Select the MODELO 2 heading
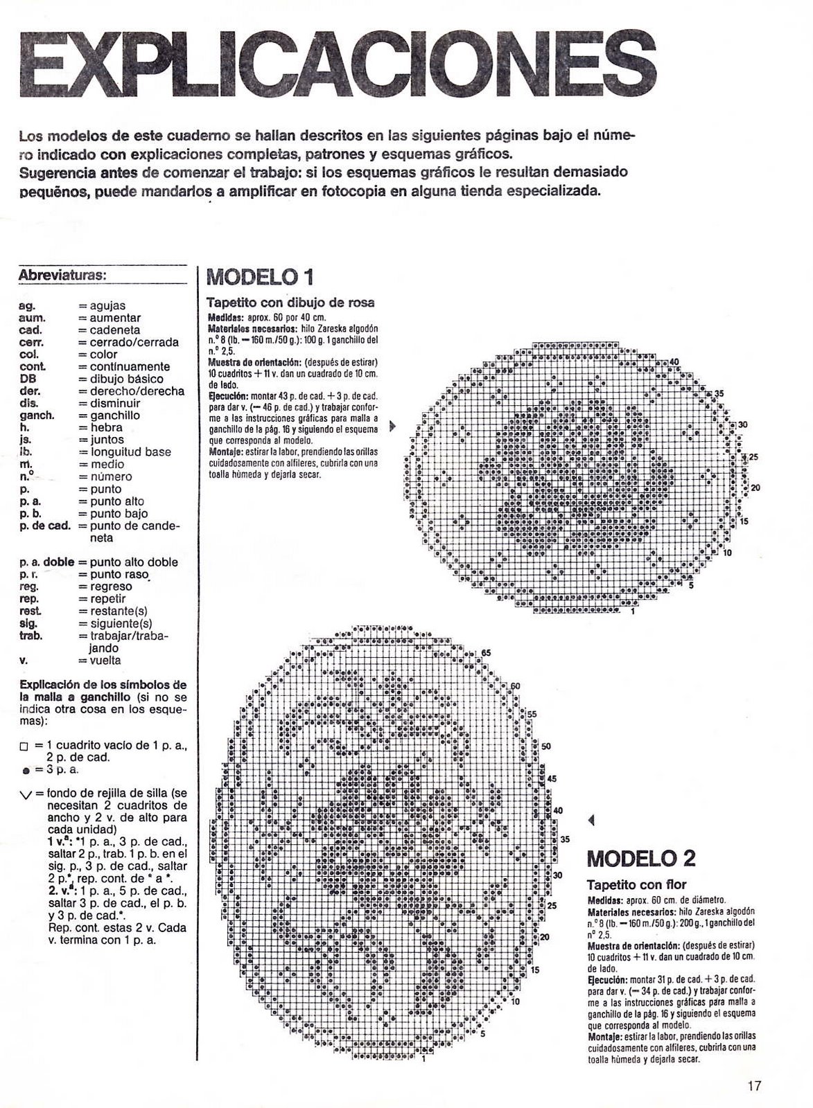[641, 859]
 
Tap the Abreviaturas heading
[62, 274]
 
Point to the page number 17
[755, 1087]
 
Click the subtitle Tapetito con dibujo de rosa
[290, 303]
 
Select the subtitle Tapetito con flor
[636, 884]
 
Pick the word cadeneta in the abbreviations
[115, 330]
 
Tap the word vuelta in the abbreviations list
[105, 661]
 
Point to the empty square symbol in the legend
[24, 746]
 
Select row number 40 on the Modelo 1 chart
[674, 362]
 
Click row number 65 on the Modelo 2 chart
[486, 653]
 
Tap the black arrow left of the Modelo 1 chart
[393, 426]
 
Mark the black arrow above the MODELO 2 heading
[591, 821]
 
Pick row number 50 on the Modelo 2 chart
[545, 747]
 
